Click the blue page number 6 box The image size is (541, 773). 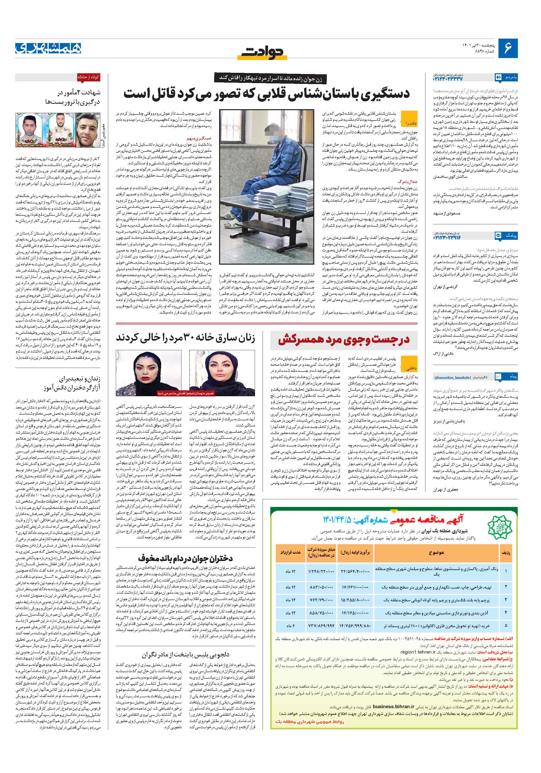click(x=508, y=48)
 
